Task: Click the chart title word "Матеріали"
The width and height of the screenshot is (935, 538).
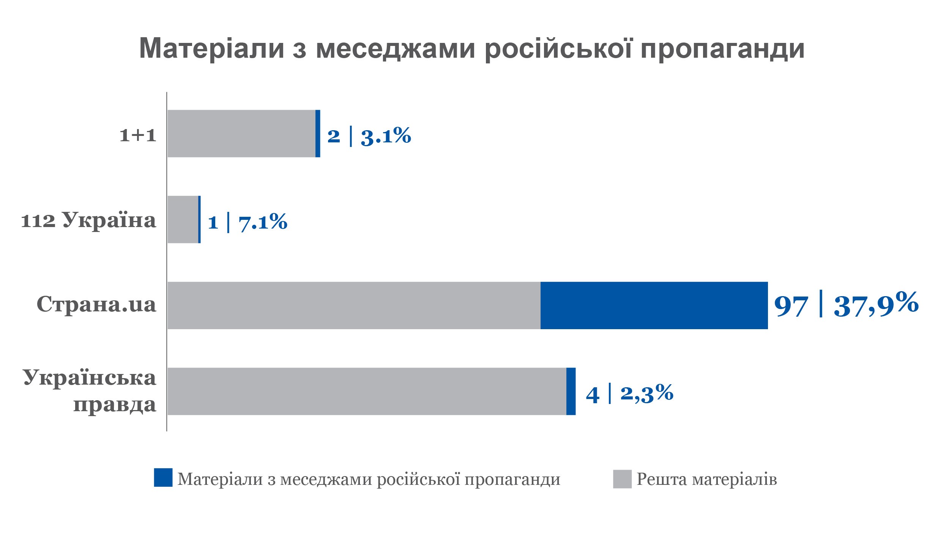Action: click(x=212, y=48)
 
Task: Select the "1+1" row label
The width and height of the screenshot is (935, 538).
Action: click(x=138, y=135)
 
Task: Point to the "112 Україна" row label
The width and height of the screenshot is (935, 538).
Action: click(x=88, y=220)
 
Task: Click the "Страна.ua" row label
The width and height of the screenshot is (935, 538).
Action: click(x=96, y=304)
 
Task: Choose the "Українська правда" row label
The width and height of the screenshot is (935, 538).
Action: click(x=90, y=391)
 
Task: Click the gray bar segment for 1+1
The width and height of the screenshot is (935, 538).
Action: click(x=241, y=134)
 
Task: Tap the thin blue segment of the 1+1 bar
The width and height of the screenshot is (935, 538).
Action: click(x=318, y=134)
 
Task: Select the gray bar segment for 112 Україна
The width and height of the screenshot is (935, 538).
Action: click(x=183, y=219)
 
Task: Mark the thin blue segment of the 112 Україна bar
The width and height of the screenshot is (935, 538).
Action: click(x=199, y=219)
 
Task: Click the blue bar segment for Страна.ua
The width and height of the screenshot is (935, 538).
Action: click(x=654, y=305)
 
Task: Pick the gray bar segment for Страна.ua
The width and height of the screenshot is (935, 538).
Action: click(x=354, y=305)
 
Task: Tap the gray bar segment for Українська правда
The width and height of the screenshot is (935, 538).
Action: click(x=367, y=391)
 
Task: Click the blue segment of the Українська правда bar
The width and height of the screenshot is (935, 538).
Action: click(x=571, y=391)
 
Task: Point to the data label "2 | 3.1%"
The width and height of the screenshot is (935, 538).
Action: click(x=369, y=136)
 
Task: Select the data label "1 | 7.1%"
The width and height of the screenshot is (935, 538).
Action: click(x=248, y=222)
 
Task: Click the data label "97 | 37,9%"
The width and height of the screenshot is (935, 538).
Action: click(x=846, y=304)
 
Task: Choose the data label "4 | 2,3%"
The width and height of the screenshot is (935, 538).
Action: click(x=629, y=393)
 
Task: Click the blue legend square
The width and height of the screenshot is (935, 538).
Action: click(x=163, y=477)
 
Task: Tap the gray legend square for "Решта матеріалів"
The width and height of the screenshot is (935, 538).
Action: click(x=622, y=479)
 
